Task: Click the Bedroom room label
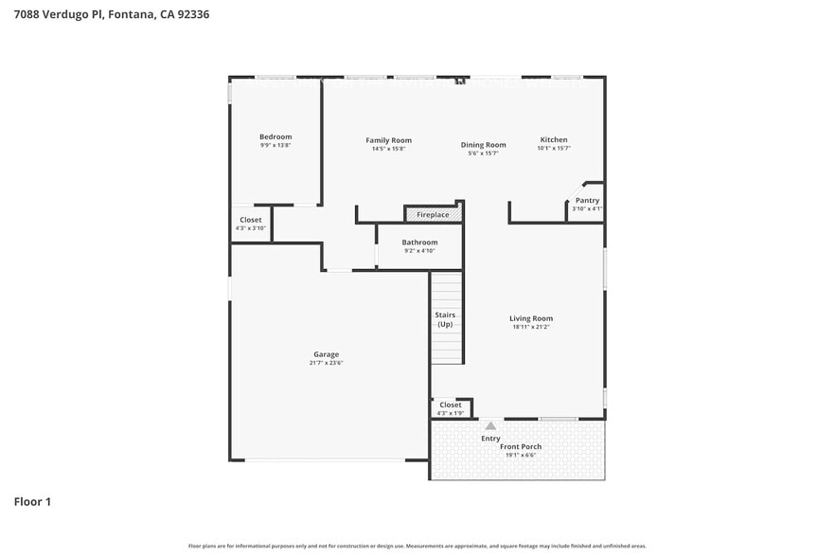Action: (275, 136)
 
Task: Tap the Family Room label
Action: (388, 140)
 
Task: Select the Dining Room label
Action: (483, 145)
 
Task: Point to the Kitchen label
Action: (554, 140)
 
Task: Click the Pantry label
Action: (587, 200)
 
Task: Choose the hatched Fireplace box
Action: (433, 215)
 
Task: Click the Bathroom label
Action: (419, 243)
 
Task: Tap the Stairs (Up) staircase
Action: (446, 319)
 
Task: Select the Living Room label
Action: (531, 318)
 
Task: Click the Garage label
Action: (326, 354)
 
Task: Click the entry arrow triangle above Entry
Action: (490, 426)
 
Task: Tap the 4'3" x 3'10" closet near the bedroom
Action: (251, 224)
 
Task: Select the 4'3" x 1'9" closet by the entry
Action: (451, 408)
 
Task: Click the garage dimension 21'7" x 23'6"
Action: (326, 363)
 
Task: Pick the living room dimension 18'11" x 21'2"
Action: (531, 327)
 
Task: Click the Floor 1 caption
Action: (32, 501)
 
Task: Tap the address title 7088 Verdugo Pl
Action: (112, 14)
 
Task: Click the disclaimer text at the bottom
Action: (417, 547)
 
